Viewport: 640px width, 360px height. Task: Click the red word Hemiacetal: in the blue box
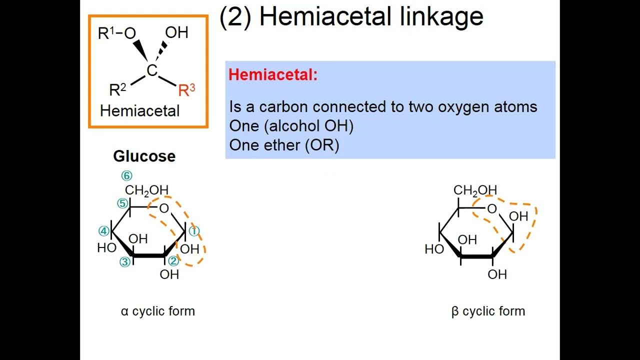(x=273, y=75)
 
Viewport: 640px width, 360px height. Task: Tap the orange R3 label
(x=186, y=90)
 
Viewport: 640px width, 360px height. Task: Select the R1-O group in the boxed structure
(x=117, y=33)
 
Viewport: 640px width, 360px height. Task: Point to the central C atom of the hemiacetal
(x=152, y=71)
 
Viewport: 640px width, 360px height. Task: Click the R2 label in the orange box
(x=117, y=90)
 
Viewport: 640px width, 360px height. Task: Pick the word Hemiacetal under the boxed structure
(x=139, y=110)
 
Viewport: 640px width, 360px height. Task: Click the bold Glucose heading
(x=144, y=156)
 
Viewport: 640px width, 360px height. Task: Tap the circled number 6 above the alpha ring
(x=126, y=176)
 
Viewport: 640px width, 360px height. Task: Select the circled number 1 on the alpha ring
(x=194, y=231)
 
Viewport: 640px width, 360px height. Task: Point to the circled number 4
(x=103, y=231)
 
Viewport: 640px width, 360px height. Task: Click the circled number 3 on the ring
(x=124, y=261)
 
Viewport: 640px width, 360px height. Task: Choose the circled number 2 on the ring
(x=173, y=260)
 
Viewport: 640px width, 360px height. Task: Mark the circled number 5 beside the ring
(x=122, y=203)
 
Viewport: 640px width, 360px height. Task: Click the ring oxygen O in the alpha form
(x=164, y=208)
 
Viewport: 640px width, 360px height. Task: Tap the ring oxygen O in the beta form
(x=492, y=208)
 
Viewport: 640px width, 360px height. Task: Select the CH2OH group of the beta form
(x=475, y=190)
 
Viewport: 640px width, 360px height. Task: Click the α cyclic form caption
(x=157, y=311)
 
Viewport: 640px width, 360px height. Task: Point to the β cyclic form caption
(x=488, y=311)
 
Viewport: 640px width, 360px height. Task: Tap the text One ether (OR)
(x=284, y=145)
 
